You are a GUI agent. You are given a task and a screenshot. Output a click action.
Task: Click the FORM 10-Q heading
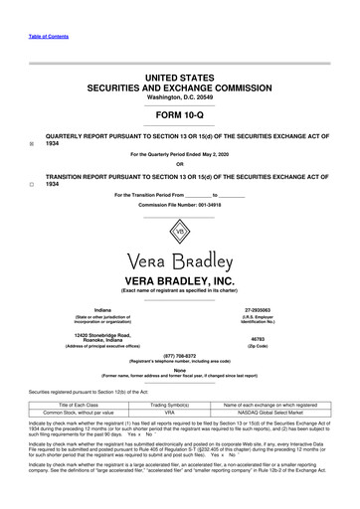pos(179,112)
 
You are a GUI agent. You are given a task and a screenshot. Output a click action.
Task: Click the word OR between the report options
pos(179,165)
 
